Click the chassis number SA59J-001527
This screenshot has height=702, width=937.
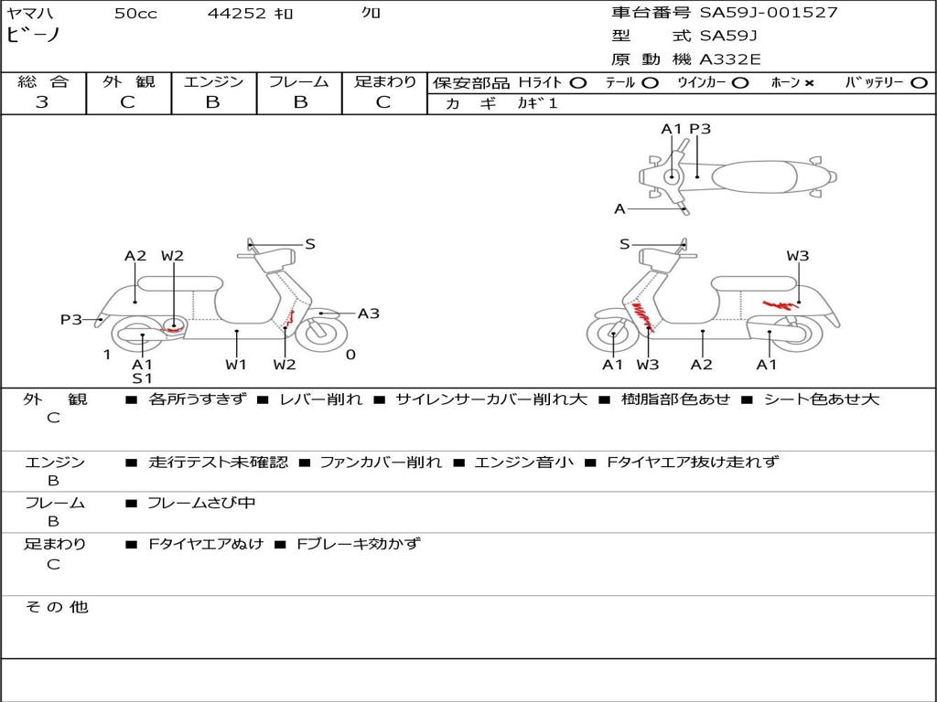(x=769, y=13)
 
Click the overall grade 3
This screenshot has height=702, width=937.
(x=42, y=102)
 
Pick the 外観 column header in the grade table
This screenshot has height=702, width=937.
(x=128, y=81)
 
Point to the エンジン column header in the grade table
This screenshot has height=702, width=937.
(x=213, y=81)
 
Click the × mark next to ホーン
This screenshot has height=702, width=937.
(x=809, y=83)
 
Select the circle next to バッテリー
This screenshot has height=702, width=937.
(x=920, y=83)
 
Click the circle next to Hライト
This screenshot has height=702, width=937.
(x=578, y=83)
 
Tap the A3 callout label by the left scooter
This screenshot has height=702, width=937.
(x=368, y=314)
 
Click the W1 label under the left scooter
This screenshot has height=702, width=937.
(x=236, y=364)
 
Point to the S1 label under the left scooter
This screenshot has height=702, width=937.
(x=142, y=378)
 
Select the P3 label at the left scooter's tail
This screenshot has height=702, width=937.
(x=71, y=319)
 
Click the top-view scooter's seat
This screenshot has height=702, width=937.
(x=755, y=177)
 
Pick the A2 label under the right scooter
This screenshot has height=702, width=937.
(x=702, y=364)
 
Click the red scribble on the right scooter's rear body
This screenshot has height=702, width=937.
(x=780, y=305)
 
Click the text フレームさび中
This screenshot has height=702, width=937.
(x=201, y=504)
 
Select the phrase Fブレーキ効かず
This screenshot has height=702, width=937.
(x=359, y=544)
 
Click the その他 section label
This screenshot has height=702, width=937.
(x=57, y=607)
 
